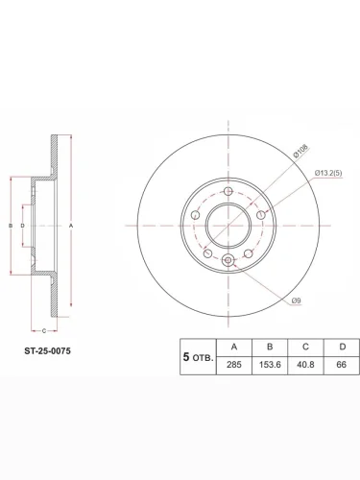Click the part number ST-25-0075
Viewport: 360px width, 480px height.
[x=48, y=351]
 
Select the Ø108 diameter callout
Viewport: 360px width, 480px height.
[x=300, y=151]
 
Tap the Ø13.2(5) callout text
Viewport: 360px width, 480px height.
[x=328, y=173]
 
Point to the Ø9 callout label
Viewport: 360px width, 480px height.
[x=297, y=300]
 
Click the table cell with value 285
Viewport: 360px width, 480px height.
[x=234, y=365]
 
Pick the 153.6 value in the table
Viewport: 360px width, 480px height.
[x=270, y=365]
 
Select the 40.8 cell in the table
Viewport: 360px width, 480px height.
[x=305, y=365]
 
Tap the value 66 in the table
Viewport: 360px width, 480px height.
[x=342, y=365]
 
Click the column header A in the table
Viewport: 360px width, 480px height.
[x=234, y=347]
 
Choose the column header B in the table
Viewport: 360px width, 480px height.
[x=270, y=347]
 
